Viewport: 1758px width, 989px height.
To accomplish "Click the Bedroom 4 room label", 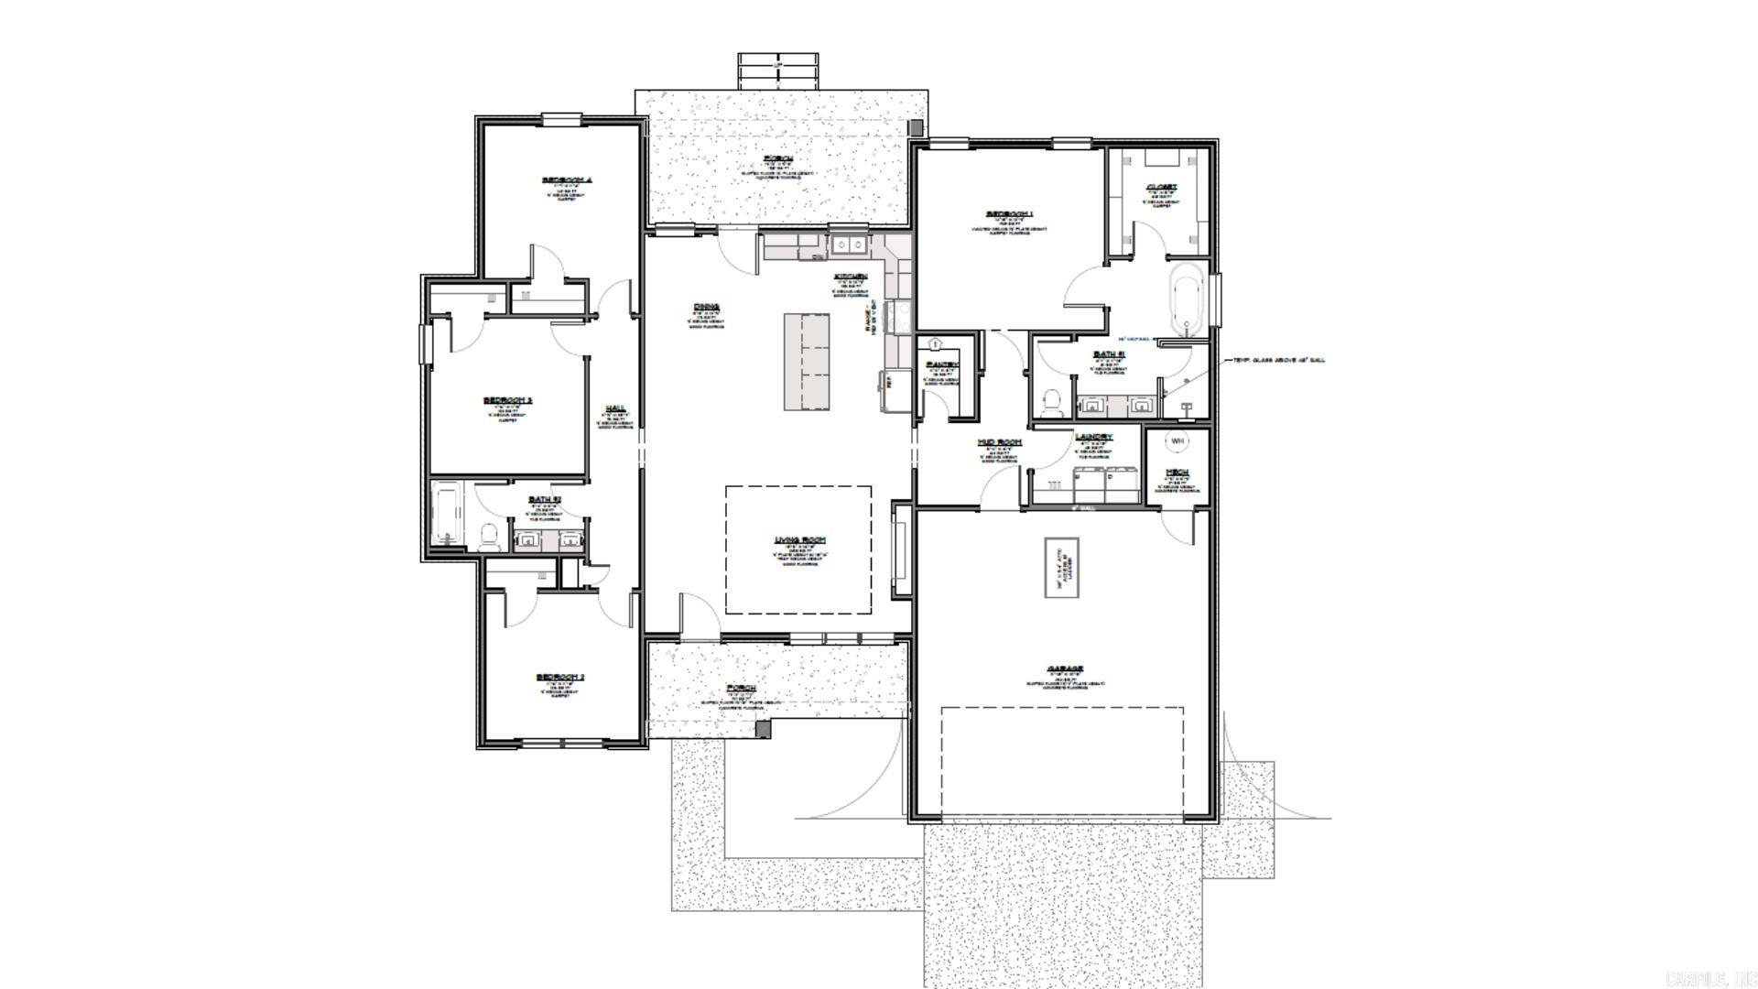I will coord(568,180).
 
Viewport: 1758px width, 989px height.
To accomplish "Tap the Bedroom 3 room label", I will coord(507,400).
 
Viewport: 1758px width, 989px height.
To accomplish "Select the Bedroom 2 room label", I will coord(559,678).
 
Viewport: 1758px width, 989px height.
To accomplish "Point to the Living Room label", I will coord(799,540).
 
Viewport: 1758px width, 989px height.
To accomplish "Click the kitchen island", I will coord(806,362).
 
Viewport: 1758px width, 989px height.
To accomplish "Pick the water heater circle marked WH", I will coord(1177,441).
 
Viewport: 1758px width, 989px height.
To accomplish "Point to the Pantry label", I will coord(941,364).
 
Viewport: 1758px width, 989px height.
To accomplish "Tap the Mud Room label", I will coord(999,442).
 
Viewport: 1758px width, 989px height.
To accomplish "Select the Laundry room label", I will coord(1093,437).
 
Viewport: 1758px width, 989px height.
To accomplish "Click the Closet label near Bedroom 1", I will coord(1161,187).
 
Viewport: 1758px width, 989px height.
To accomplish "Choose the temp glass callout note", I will coord(1278,360).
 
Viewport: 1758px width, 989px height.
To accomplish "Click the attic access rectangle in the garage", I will coord(1062,568).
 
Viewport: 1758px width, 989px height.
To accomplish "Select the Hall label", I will coord(615,408).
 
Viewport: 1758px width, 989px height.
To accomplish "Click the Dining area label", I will coord(706,308).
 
